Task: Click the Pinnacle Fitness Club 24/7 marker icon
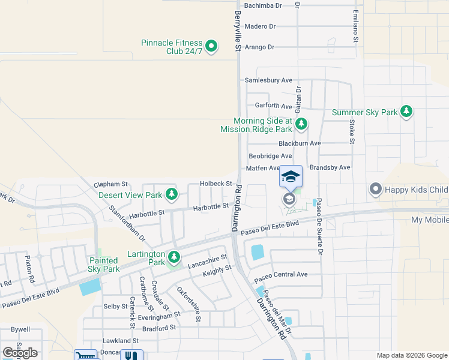click(x=211, y=46)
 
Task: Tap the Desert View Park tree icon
click(x=172, y=194)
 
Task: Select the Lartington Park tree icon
click(x=174, y=257)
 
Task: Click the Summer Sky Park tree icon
click(x=407, y=112)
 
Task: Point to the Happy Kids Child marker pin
click(x=376, y=190)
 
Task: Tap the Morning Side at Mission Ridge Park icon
click(x=301, y=124)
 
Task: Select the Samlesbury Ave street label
click(x=268, y=80)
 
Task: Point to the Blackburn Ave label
click(x=300, y=143)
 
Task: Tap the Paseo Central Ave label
click(x=280, y=274)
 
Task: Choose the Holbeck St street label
click(x=216, y=184)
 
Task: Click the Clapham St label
click(x=112, y=184)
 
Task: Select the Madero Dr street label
click(x=260, y=26)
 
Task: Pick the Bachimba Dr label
click(x=263, y=5)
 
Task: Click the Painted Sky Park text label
click(x=104, y=265)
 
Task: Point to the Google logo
click(x=20, y=353)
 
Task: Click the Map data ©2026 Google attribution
click(x=411, y=355)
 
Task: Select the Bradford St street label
click(x=159, y=328)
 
